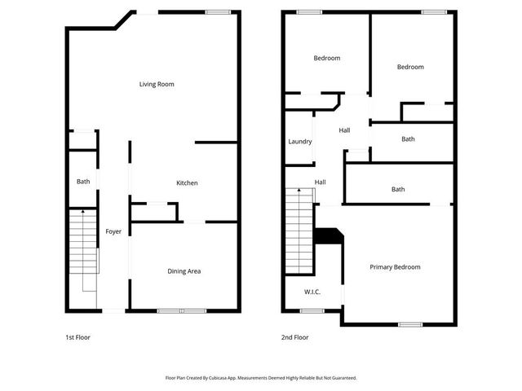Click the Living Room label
pyautogui.click(x=157, y=84)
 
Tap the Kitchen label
pyautogui.click(x=187, y=183)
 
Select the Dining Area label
pyautogui.click(x=184, y=271)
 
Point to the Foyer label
pyautogui.click(x=113, y=232)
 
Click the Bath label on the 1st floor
pyautogui.click(x=83, y=182)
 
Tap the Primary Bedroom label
pyautogui.click(x=395, y=267)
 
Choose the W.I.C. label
pyautogui.click(x=312, y=291)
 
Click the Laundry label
pyautogui.click(x=299, y=142)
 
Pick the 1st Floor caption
pyautogui.click(x=78, y=336)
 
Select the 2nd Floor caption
pyautogui.click(x=295, y=336)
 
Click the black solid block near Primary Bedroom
pyautogui.click(x=329, y=235)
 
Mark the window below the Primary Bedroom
pyautogui.click(x=410, y=324)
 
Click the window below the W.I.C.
pyautogui.click(x=312, y=310)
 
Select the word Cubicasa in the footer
pyautogui.click(x=223, y=378)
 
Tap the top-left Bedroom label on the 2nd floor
pyautogui.click(x=327, y=58)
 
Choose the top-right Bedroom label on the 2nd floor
pyautogui.click(x=410, y=67)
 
